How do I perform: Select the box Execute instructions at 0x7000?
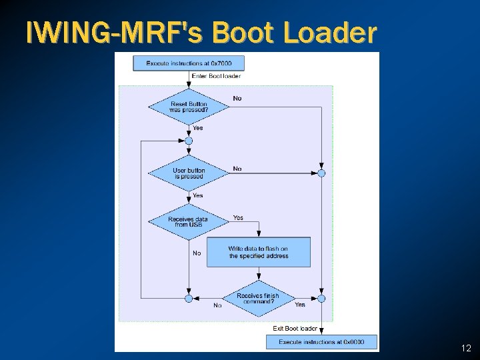point(189,63)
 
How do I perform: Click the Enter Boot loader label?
point(216,77)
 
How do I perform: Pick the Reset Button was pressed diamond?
point(189,107)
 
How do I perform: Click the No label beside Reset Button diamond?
point(237,99)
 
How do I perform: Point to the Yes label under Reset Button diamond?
point(198,128)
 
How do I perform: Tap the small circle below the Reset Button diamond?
point(189,141)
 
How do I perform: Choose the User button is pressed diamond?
point(189,173)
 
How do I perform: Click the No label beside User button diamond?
point(237,169)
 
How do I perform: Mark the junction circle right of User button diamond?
point(321,173)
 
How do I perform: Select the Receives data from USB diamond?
point(189,221)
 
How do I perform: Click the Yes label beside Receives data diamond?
point(238,218)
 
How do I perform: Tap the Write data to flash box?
point(259,253)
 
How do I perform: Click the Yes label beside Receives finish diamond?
point(300,305)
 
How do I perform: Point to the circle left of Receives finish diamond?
point(189,298)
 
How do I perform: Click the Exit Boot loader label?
point(295,329)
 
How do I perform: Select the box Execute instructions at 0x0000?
point(321,342)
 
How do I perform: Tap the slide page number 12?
point(466,349)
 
